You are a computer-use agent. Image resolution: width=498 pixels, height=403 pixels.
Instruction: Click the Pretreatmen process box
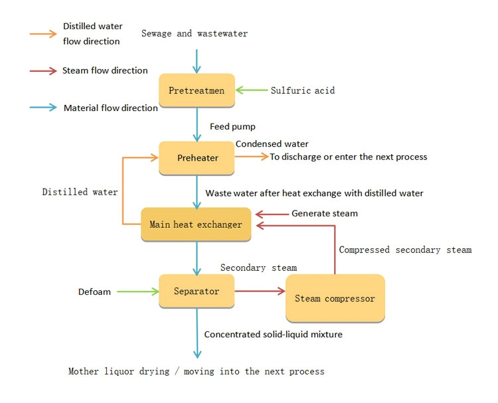(197, 91)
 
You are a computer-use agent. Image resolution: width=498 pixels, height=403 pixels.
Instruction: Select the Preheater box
(197, 158)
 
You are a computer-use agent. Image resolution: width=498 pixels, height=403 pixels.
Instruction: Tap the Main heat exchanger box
(195, 224)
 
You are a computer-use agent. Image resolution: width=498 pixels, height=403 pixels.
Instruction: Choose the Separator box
(197, 291)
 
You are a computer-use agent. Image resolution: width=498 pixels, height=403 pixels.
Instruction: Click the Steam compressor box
(335, 298)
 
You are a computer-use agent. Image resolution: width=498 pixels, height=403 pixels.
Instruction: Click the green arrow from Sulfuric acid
(251, 90)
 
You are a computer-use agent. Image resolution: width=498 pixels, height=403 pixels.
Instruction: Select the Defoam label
(96, 291)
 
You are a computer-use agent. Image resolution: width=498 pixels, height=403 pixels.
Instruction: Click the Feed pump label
(232, 126)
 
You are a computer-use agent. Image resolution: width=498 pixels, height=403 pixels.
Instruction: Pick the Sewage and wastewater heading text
(195, 33)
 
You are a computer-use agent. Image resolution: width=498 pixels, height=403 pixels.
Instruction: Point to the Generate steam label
(325, 214)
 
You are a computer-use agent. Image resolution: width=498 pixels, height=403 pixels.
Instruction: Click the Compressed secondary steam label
(405, 250)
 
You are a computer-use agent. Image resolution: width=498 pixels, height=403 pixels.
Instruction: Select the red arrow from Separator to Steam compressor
(260, 291)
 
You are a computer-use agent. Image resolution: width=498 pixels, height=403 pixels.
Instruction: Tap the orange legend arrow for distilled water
(43, 33)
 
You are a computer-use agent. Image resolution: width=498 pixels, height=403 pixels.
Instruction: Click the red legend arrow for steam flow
(43, 70)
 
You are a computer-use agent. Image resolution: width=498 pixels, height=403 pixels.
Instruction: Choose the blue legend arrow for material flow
(43, 107)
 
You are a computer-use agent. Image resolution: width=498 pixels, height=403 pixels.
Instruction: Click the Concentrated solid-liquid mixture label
(273, 335)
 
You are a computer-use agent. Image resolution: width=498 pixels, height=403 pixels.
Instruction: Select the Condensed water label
(272, 143)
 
